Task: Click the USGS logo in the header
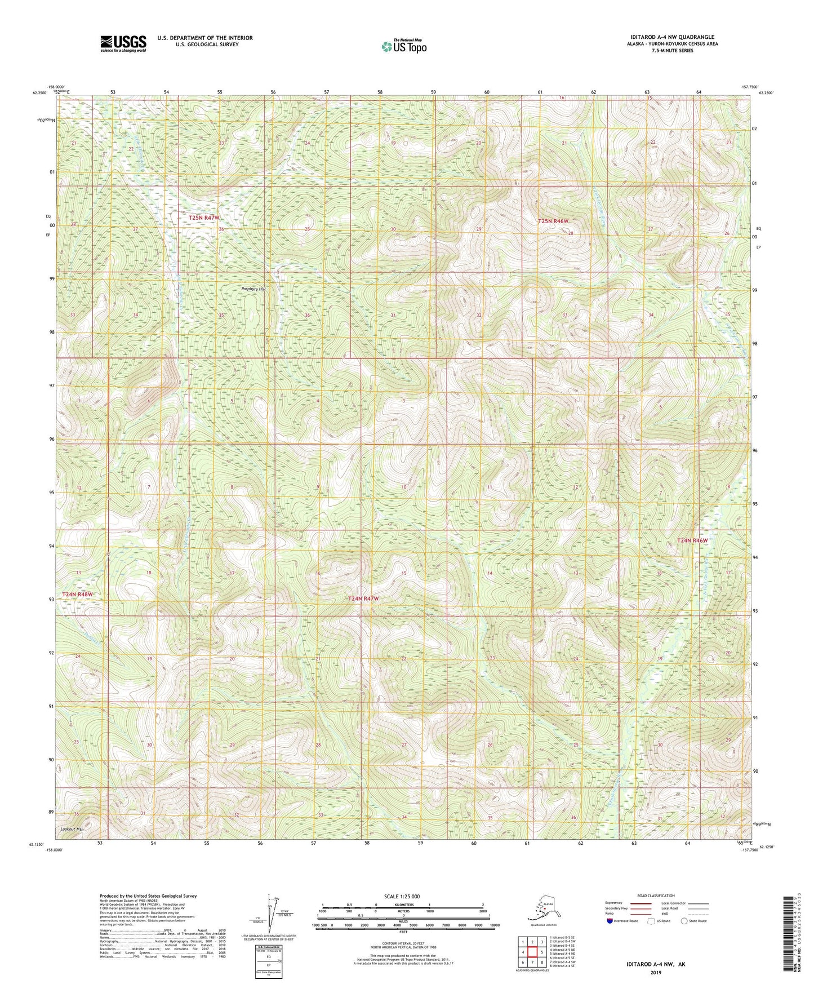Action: point(123,43)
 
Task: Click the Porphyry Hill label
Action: point(253,289)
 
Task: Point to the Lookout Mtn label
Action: point(72,830)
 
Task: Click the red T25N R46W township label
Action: point(553,221)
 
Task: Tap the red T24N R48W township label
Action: point(77,595)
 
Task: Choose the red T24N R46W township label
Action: point(692,540)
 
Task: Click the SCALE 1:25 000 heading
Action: point(402,896)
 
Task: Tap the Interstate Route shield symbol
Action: point(610,921)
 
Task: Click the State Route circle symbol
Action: point(684,921)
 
